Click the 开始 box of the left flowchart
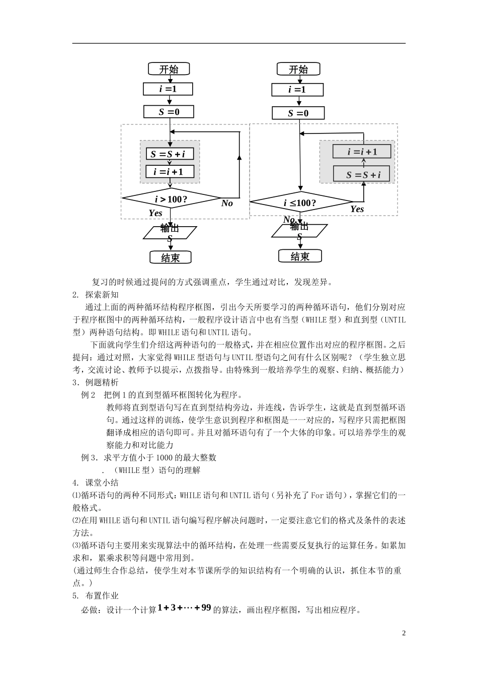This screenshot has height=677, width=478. [x=169, y=70]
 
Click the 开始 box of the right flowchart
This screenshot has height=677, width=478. [x=298, y=70]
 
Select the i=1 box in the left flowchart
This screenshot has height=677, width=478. [x=169, y=89]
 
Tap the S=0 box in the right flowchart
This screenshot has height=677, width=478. [x=298, y=113]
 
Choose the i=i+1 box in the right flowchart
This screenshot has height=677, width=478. [x=362, y=152]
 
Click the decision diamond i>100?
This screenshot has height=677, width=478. [x=171, y=199]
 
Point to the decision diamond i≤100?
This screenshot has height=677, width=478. [x=300, y=203]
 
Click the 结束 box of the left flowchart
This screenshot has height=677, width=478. [x=170, y=257]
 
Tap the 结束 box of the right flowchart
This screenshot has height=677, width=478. [x=299, y=256]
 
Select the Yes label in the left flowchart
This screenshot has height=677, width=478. [x=155, y=213]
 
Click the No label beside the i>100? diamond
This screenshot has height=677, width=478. [x=227, y=204]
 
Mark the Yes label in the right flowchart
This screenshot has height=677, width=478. [x=357, y=209]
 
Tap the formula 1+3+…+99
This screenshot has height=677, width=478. [x=184, y=608]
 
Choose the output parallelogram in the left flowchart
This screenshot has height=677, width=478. [x=170, y=233]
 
